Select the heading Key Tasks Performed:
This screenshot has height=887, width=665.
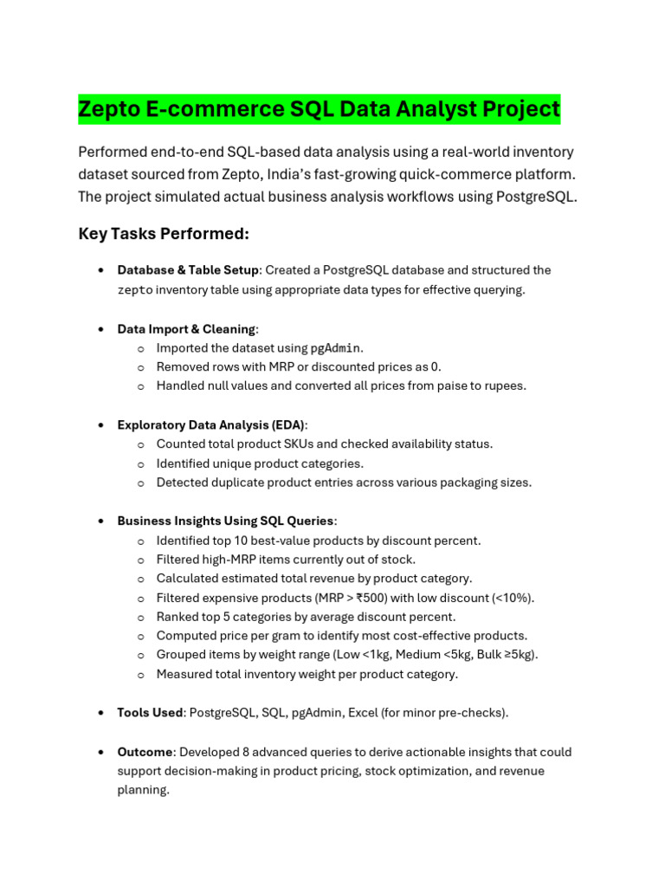coord(164,234)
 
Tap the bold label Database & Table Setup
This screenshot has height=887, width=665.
coord(188,270)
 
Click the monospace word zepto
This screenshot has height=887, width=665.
coord(135,290)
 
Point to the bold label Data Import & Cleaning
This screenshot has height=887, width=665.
coord(186,329)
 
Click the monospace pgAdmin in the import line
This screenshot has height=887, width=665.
coord(335,348)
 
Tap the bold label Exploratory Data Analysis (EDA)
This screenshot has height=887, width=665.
coord(210,425)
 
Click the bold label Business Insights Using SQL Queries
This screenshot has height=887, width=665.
coord(225,521)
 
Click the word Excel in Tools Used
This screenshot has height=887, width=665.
coord(363,713)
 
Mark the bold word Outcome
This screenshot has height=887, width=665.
coord(145,752)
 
